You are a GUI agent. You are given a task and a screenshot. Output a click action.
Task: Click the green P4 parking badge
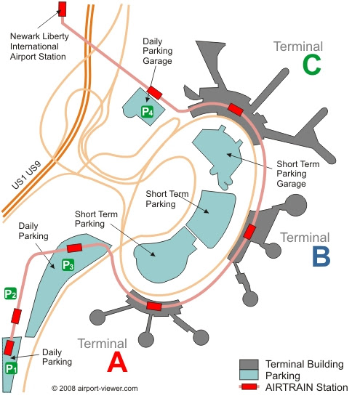[x=147, y=112]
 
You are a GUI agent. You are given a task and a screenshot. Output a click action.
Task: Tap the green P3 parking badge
[x=68, y=265]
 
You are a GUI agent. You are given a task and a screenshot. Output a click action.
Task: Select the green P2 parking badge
[x=10, y=293]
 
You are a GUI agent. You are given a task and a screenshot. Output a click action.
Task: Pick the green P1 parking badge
[x=11, y=368]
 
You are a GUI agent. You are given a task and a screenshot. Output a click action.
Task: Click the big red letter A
[x=117, y=362]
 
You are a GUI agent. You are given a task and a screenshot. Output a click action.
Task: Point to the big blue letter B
[x=321, y=256]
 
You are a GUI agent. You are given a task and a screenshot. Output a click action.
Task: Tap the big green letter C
[x=311, y=65]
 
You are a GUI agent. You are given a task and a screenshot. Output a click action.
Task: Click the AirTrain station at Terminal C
[x=236, y=110]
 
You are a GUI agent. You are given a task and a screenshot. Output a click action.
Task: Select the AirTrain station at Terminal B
[x=249, y=232]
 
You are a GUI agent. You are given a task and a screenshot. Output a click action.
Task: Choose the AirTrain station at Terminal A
[x=154, y=306]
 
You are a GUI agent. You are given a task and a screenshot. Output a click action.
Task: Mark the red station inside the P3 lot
[x=74, y=248]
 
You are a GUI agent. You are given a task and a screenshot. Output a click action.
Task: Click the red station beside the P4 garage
[x=154, y=93]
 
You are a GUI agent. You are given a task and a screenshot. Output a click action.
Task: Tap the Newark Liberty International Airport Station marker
[x=63, y=9]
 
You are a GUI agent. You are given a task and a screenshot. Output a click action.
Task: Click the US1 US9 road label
[x=26, y=175]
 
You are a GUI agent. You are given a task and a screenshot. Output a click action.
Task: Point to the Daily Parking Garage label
[x=158, y=51]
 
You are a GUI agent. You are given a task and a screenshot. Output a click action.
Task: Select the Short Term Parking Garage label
[x=298, y=174]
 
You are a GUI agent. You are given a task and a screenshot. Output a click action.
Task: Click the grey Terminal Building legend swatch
[x=249, y=364]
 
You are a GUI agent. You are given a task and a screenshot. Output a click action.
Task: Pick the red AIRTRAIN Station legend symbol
[x=249, y=387]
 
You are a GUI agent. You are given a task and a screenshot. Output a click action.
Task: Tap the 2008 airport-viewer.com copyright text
[x=95, y=389]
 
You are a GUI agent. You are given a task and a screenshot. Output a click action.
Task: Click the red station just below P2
[x=16, y=316]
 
